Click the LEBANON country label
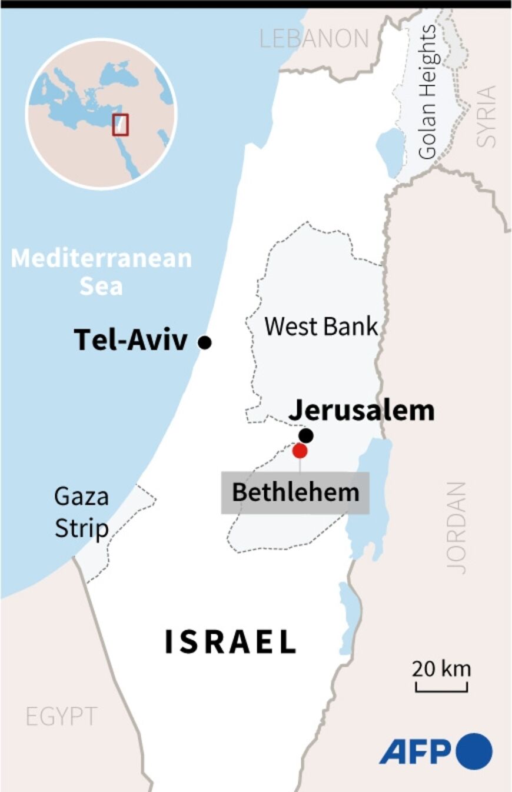pyautogui.click(x=314, y=39)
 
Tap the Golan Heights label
pyautogui.click(x=428, y=92)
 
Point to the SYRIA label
pyautogui.click(x=486, y=116)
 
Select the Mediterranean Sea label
pyautogui.click(x=102, y=272)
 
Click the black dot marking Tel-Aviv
pyautogui.click(x=205, y=342)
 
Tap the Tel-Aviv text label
pyautogui.click(x=131, y=341)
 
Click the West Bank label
pyautogui.click(x=321, y=326)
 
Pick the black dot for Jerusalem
pyautogui.click(x=306, y=435)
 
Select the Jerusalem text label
pyautogui.click(x=361, y=410)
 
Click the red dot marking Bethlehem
pyautogui.click(x=300, y=451)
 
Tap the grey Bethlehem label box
pyautogui.click(x=295, y=492)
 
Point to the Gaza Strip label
pyautogui.click(x=81, y=513)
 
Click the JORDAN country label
pyautogui.click(x=456, y=528)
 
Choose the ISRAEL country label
pyautogui.click(x=230, y=642)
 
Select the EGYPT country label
pyautogui.click(x=61, y=716)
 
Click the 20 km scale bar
pyautogui.click(x=441, y=687)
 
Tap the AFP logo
pyautogui.click(x=436, y=751)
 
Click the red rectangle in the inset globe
pyautogui.click(x=121, y=124)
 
